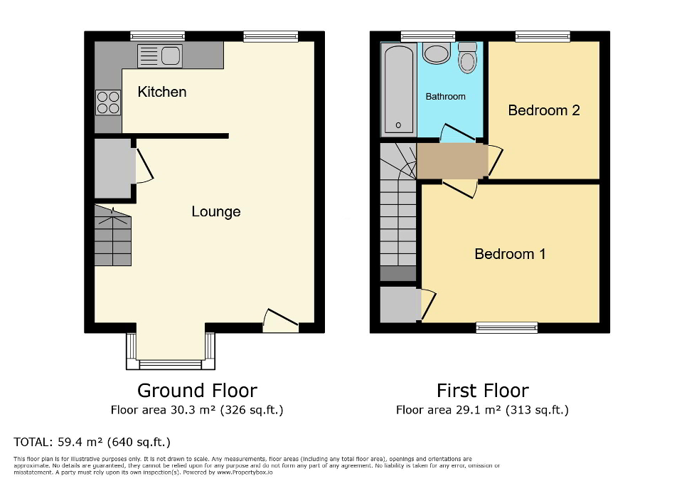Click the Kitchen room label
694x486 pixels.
point(162,92)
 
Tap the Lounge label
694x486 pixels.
point(216,211)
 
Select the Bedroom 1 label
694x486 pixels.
point(510,254)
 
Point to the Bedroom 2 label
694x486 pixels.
point(543,110)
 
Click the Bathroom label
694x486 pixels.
point(445,97)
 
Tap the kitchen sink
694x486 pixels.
point(160,56)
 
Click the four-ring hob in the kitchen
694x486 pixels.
point(108,102)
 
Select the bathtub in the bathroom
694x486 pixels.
point(398,89)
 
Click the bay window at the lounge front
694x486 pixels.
point(171,364)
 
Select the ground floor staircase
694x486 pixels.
point(112,236)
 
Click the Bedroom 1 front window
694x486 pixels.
point(506,327)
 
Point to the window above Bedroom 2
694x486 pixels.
point(543,36)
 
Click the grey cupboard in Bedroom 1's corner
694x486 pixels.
point(400,304)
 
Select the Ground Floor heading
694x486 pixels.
point(197,391)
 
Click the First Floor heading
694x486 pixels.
point(482,391)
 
